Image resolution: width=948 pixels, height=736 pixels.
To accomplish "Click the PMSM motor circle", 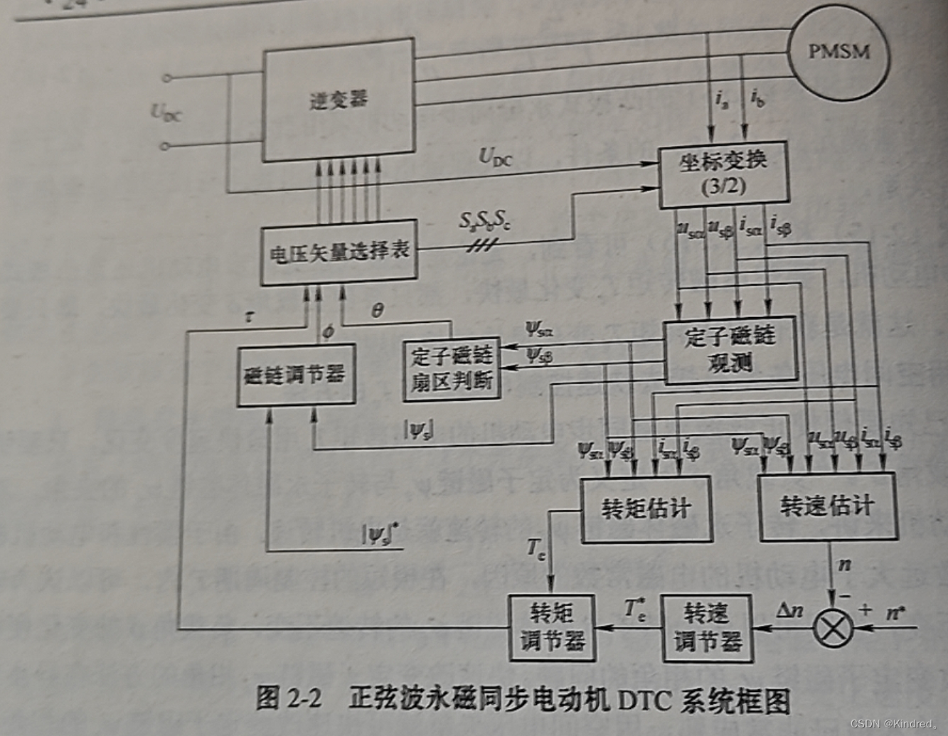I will pos(839,51).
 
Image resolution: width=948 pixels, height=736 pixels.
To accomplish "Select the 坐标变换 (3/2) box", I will pos(723,174).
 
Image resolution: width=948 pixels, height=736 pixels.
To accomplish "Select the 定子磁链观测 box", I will pos(730,350).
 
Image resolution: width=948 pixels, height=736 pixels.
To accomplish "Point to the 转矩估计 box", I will pos(646,508).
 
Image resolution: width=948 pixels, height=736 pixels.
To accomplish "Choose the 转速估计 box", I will pos(827,506).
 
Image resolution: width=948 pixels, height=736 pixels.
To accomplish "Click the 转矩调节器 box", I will pos(552,626).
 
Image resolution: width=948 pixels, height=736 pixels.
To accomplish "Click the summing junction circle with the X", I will pos(832,627).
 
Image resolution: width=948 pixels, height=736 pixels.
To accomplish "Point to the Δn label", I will pos(789,609).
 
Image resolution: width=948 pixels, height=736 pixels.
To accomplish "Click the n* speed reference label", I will pos(895,612).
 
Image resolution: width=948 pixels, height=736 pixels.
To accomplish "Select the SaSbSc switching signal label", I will pos(484,222).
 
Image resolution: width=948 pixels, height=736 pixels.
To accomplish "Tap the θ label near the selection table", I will pos(378,310).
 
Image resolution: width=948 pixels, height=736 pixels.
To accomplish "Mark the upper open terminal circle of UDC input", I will pos(166,78).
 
